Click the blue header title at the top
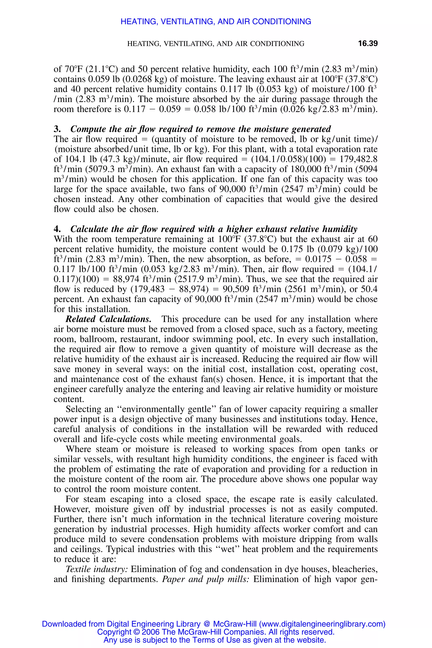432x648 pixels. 216,22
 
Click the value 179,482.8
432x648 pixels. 358,159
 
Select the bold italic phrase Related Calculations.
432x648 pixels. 108,319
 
